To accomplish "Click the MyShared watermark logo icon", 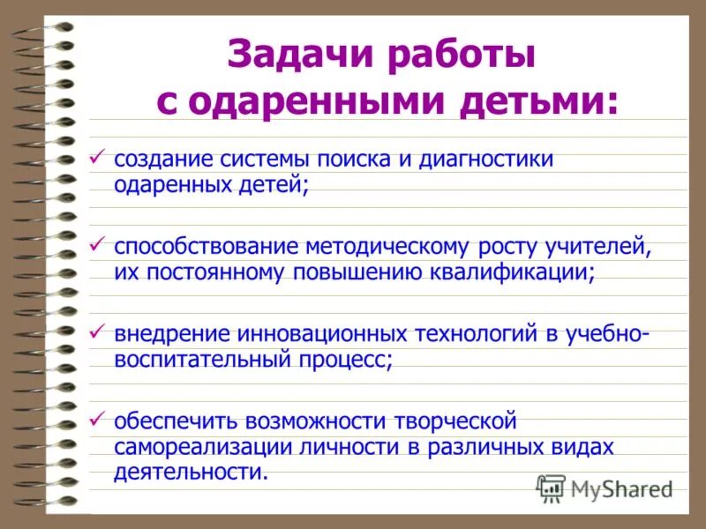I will coord(551,488).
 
